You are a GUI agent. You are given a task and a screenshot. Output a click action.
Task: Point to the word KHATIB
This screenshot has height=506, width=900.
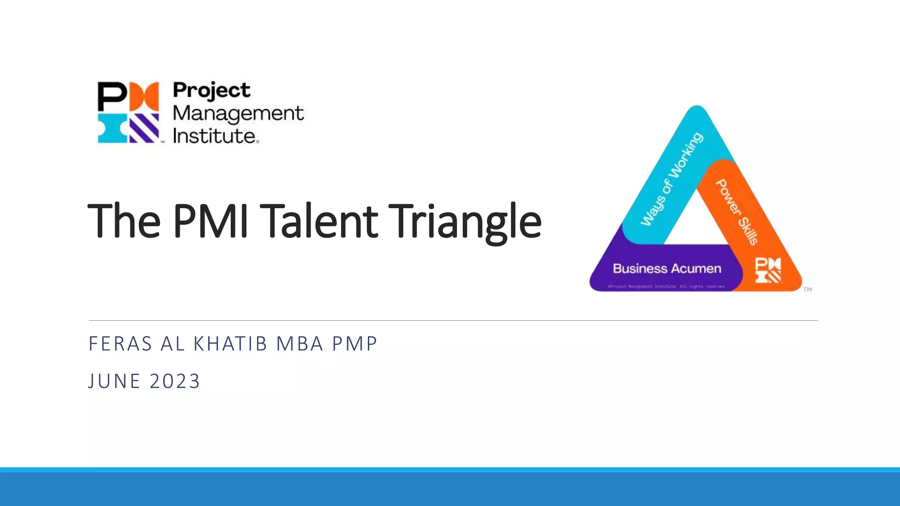[230, 344]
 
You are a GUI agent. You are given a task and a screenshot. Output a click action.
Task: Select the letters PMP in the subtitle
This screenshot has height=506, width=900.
[355, 344]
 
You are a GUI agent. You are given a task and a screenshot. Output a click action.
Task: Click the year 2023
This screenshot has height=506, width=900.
[175, 381]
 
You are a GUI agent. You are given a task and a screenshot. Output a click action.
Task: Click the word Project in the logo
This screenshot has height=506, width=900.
[211, 90]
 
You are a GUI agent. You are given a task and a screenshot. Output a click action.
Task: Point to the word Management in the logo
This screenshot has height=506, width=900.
[238, 113]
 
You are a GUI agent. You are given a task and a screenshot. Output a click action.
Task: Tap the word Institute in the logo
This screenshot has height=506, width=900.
[214, 136]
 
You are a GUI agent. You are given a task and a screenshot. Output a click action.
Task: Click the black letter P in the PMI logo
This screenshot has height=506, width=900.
[112, 96]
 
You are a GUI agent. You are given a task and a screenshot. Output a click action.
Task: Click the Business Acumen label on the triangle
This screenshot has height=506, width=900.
[667, 269]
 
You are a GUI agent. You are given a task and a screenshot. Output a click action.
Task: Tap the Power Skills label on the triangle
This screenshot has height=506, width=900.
[737, 212]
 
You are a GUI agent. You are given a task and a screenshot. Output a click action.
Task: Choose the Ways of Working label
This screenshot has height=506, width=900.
[671, 179]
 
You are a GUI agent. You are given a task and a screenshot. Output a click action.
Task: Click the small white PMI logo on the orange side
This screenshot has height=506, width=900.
[768, 270]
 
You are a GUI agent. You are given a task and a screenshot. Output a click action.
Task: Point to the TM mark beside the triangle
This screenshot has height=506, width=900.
[808, 289]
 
